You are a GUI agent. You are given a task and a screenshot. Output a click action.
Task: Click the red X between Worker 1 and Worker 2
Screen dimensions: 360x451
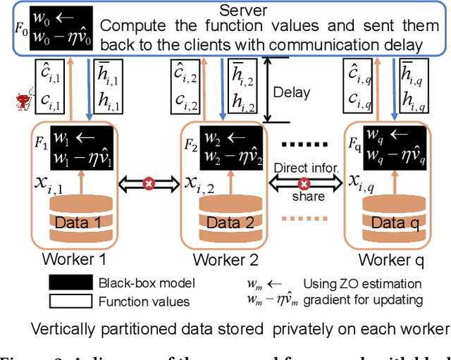[x=149, y=183]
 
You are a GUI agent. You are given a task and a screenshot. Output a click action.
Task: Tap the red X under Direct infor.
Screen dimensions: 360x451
[x=304, y=183]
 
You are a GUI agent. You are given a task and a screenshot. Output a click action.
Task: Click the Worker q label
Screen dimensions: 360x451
[x=387, y=260]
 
